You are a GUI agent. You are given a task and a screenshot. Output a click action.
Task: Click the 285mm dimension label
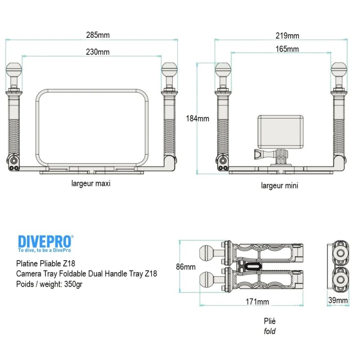98,35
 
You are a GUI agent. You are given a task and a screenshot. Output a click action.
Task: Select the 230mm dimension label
98,52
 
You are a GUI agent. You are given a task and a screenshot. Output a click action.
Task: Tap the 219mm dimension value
288,36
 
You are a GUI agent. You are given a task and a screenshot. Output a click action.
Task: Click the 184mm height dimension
197,119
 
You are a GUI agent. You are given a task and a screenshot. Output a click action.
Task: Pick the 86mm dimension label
185,266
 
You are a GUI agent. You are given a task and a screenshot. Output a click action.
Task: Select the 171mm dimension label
258,301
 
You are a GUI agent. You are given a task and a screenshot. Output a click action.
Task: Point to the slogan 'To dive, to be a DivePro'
44,250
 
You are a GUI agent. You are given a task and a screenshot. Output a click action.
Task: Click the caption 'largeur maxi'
90,184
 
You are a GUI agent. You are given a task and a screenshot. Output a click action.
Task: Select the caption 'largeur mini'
279,185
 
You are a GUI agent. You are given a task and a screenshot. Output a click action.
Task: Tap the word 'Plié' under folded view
270,321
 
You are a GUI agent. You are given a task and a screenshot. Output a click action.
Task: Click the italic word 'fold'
270,332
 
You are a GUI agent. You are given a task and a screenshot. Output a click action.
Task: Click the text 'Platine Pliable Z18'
45,264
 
